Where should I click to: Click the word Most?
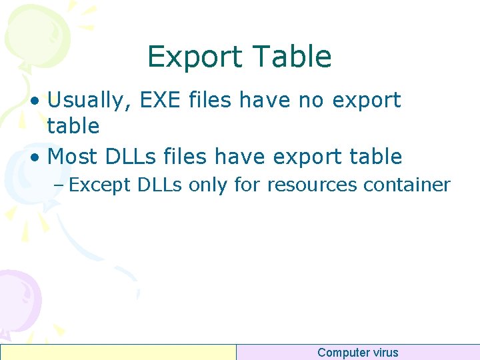pyautogui.click(x=73, y=157)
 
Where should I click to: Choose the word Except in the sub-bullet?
pyautogui.click(x=100, y=185)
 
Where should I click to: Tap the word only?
pyautogui.click(x=208, y=185)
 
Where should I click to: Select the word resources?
pyautogui.click(x=312, y=185)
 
